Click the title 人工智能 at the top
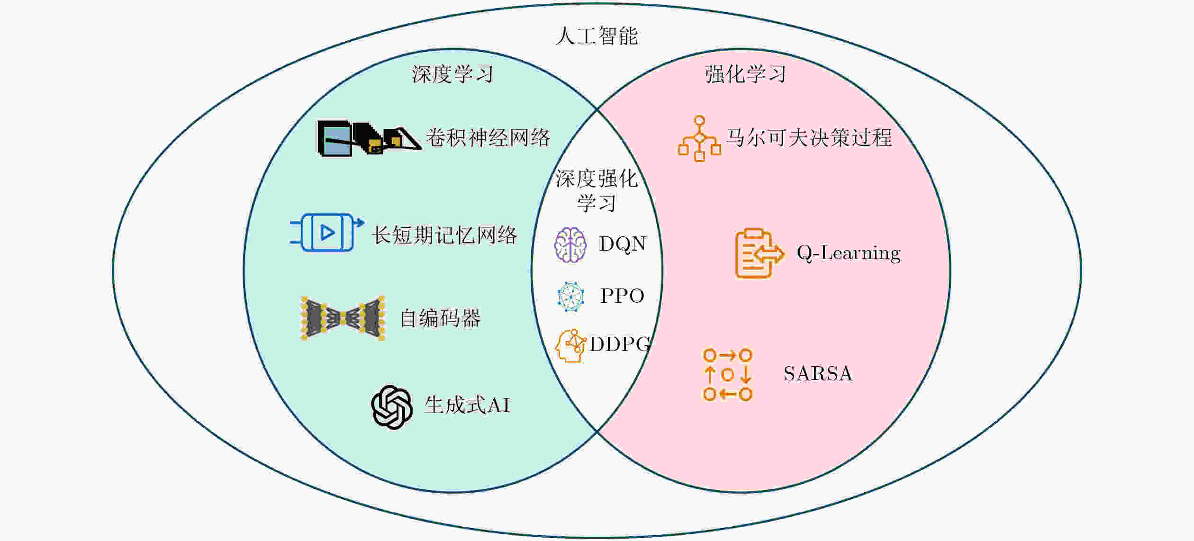[x=597, y=36]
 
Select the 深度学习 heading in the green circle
[x=452, y=74]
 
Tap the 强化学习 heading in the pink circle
[x=745, y=74]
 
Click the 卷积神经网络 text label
[x=488, y=138]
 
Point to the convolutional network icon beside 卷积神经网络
[x=369, y=138]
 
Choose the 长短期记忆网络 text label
[x=444, y=235]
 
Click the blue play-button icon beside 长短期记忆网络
[x=327, y=232]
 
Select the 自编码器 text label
[x=440, y=318]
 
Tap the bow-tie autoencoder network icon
[x=343, y=318]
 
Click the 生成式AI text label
[x=467, y=405]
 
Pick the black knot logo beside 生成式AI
[x=392, y=407]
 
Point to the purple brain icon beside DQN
[x=570, y=245]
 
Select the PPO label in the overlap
[x=622, y=296]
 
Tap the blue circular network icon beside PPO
[x=570, y=297]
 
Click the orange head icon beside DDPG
[x=570, y=346]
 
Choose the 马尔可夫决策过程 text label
[x=809, y=138]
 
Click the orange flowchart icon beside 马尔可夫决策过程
[x=699, y=138]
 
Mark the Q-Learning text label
[x=849, y=253]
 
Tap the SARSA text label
[x=818, y=374]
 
